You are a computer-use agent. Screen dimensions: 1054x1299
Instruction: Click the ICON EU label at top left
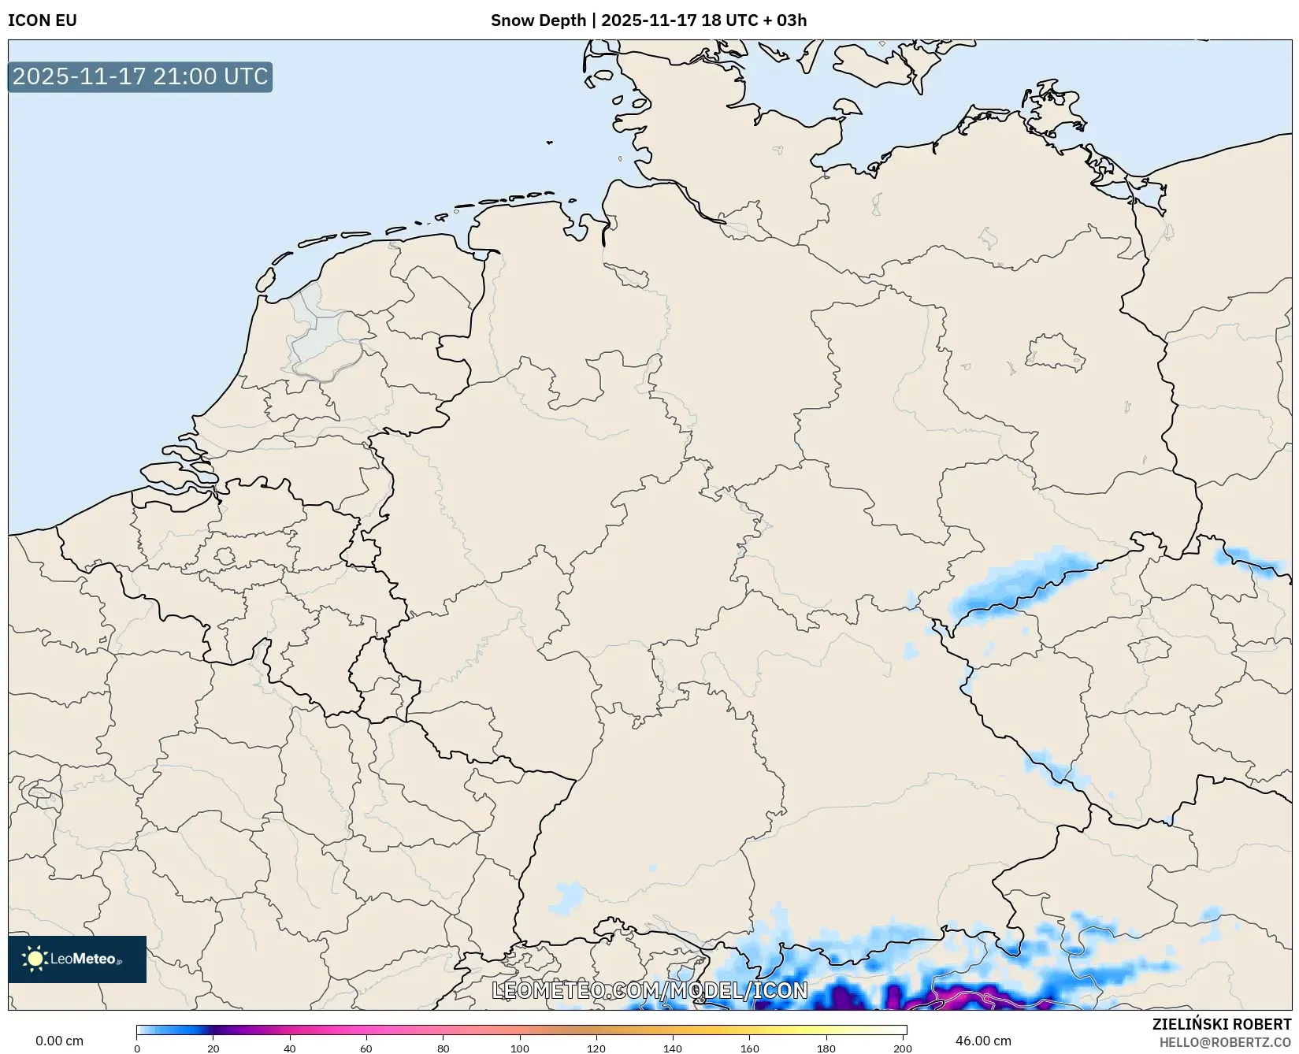tap(43, 20)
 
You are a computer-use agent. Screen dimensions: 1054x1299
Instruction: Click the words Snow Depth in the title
tap(539, 20)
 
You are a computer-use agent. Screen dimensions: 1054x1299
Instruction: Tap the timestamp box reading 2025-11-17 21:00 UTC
tap(140, 77)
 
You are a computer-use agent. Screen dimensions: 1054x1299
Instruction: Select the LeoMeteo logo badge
tap(77, 959)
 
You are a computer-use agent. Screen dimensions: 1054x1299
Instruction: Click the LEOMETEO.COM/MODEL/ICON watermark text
tap(650, 990)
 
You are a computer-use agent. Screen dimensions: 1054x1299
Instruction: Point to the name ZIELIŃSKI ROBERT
tap(1221, 1025)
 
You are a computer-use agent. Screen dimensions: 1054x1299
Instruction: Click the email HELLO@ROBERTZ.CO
tap(1225, 1042)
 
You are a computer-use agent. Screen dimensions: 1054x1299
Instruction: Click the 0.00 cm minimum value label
tap(59, 1041)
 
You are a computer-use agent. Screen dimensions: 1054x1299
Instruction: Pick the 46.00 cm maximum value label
tap(983, 1041)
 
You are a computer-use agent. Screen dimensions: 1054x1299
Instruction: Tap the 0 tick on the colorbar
tap(137, 1048)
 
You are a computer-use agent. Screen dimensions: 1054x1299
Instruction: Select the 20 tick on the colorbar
tap(213, 1048)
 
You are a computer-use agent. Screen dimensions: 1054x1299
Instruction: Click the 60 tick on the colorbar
tap(366, 1048)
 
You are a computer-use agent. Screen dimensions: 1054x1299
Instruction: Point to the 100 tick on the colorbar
tap(520, 1048)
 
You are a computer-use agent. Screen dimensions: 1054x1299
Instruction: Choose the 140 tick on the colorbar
tap(673, 1048)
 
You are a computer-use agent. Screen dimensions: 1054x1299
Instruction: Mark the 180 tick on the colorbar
tap(826, 1048)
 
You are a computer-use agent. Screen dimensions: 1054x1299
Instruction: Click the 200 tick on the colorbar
tap(903, 1048)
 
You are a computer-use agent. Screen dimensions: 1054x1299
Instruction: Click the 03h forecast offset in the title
tap(791, 20)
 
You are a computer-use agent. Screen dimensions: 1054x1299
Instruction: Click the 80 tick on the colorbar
tap(444, 1048)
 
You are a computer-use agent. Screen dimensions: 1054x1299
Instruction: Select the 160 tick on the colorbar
tap(750, 1048)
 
